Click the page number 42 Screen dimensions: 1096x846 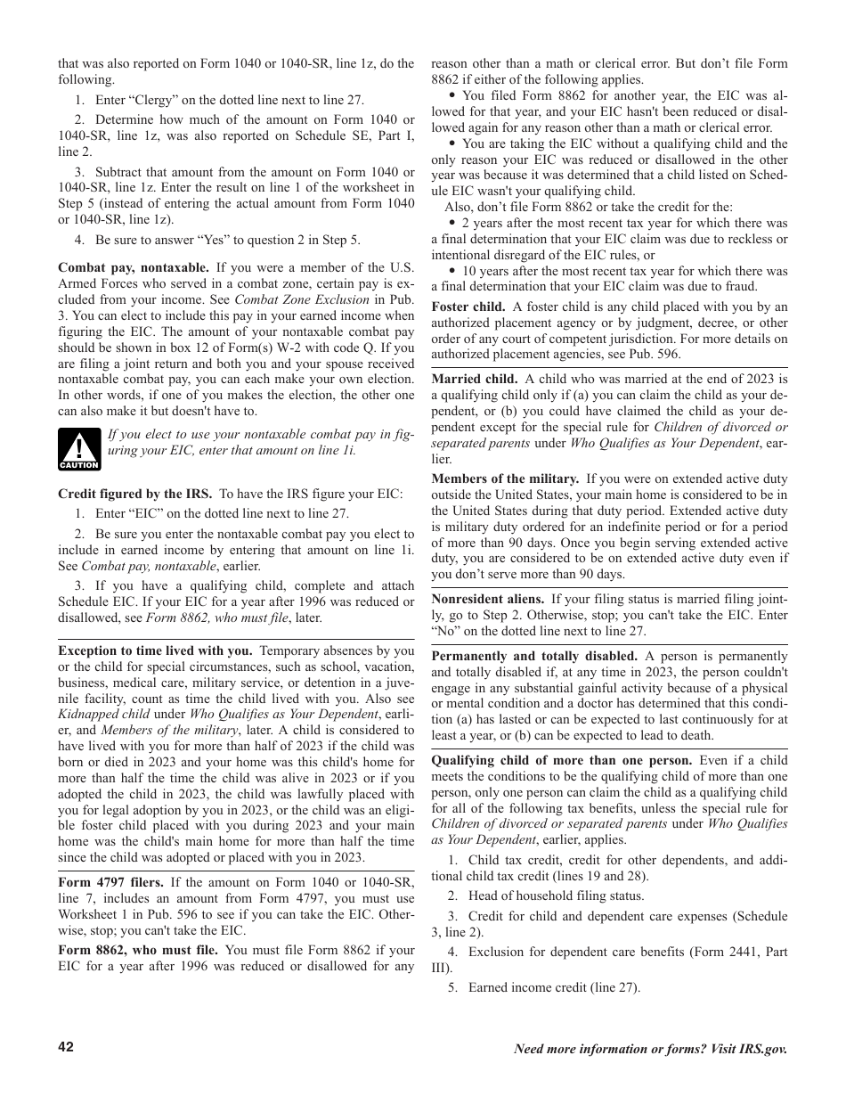coord(66,1047)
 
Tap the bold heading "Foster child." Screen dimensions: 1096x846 coord(468,307)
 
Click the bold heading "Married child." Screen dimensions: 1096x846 coord(474,379)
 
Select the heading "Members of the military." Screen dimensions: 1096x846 coord(505,478)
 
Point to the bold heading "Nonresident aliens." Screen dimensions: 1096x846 coord(487,599)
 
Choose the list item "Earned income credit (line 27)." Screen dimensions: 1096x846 coord(554,986)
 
